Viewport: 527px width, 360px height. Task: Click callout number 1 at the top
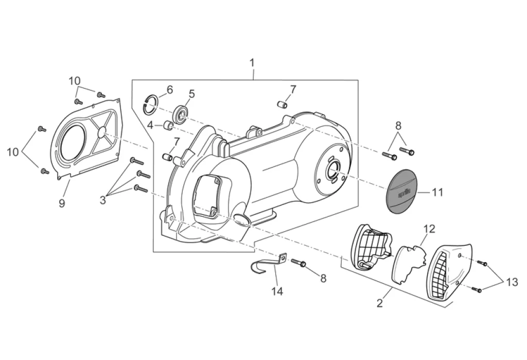click(252, 63)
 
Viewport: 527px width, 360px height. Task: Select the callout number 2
click(380, 303)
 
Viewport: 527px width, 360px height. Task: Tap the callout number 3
click(103, 200)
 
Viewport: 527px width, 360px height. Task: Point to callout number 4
click(150, 125)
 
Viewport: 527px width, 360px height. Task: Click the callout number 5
click(191, 94)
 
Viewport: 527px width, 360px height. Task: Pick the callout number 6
click(169, 90)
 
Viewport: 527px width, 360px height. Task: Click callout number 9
click(62, 203)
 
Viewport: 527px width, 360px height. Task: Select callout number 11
click(437, 192)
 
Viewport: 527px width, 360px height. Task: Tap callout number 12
click(429, 228)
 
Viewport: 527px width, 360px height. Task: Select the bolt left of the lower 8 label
click(298, 263)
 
